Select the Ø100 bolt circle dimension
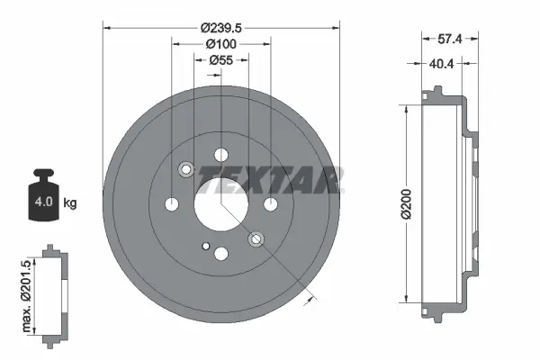tap(221, 44)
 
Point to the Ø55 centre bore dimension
tap(221, 60)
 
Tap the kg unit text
tap(70, 203)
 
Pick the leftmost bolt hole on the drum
tap(171, 205)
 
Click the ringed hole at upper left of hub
tap(186, 169)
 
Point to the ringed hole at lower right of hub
tap(256, 239)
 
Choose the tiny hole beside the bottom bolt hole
tap(206, 246)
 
